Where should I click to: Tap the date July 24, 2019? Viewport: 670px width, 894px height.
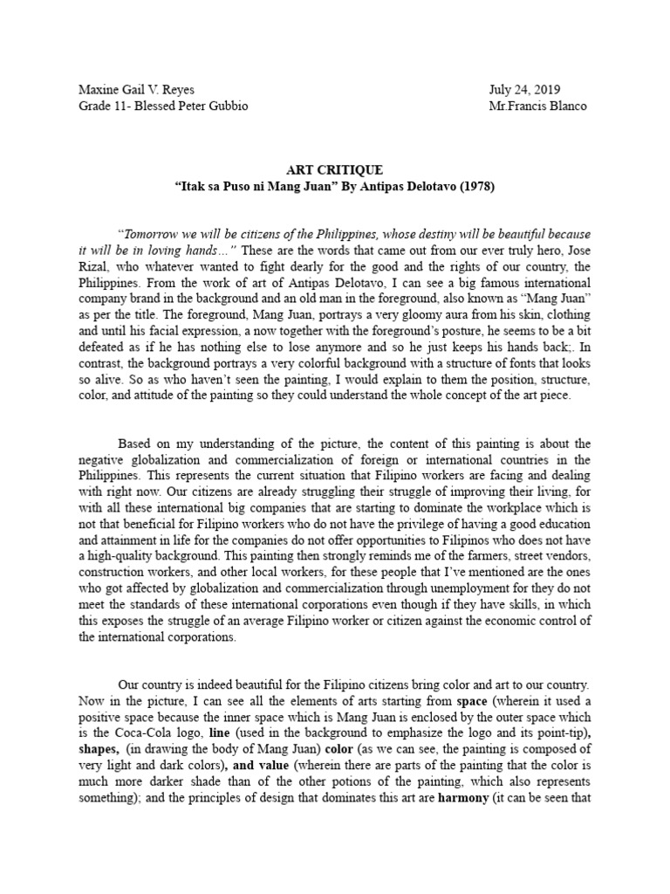coord(526,90)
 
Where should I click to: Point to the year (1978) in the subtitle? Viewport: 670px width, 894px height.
coord(494,186)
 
